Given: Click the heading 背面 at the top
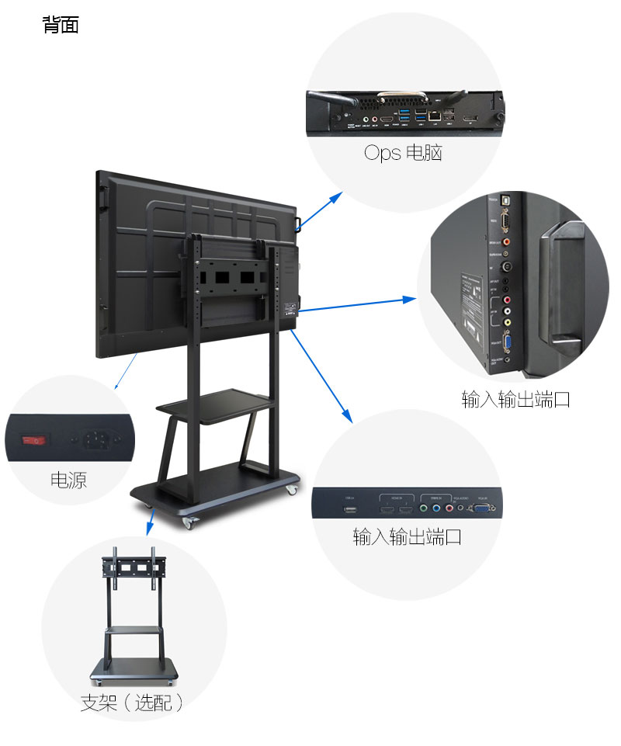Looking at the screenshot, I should point(61,26).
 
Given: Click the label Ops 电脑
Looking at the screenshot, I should point(403,153).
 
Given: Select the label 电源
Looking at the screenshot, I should point(68,480).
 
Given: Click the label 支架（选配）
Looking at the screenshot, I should point(133,703).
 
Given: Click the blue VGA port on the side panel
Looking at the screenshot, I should point(508,341).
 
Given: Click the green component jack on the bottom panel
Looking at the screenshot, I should point(424,509).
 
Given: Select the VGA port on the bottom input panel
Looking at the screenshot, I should point(480,510).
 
